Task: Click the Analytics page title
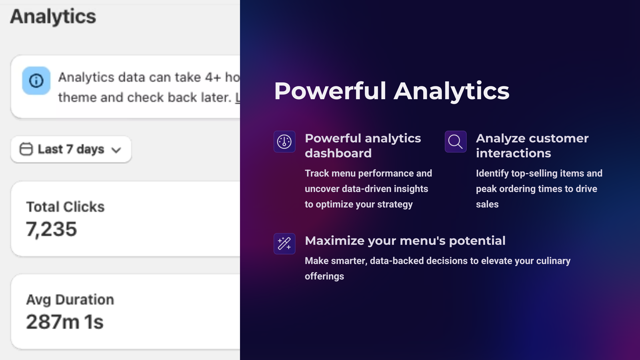[53, 16]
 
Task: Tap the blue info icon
[36, 80]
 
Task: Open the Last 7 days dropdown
[71, 150]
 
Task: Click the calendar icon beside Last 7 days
[26, 149]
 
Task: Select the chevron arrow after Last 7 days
[116, 150]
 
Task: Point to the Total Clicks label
[66, 206]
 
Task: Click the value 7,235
[52, 229]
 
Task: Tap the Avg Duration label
[70, 300]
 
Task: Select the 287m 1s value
[64, 322]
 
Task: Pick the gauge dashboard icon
[284, 142]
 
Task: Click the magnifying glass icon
[456, 142]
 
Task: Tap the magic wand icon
[284, 244]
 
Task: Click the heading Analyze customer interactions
[532, 146]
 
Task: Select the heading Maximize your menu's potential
[405, 241]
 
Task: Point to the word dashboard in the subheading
[338, 154]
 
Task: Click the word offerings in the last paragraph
[324, 276]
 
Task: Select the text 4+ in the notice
[213, 78]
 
